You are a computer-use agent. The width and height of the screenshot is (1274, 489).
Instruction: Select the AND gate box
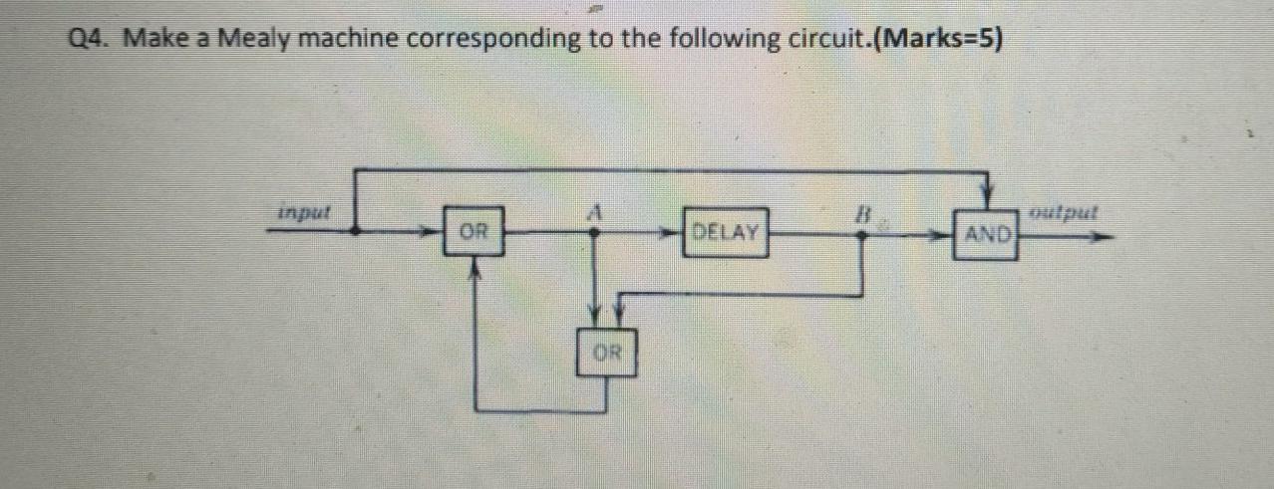(985, 236)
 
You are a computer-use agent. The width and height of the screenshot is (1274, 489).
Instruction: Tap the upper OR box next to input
(474, 232)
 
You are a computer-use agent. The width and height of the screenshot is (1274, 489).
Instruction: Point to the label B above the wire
(864, 211)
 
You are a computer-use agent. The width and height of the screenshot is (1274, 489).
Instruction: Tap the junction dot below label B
(864, 236)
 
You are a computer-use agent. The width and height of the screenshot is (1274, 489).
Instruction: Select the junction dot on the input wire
(357, 229)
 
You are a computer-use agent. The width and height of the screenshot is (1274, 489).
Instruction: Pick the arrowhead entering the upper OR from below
(475, 263)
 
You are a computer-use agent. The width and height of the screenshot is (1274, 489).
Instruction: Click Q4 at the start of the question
(91, 41)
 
